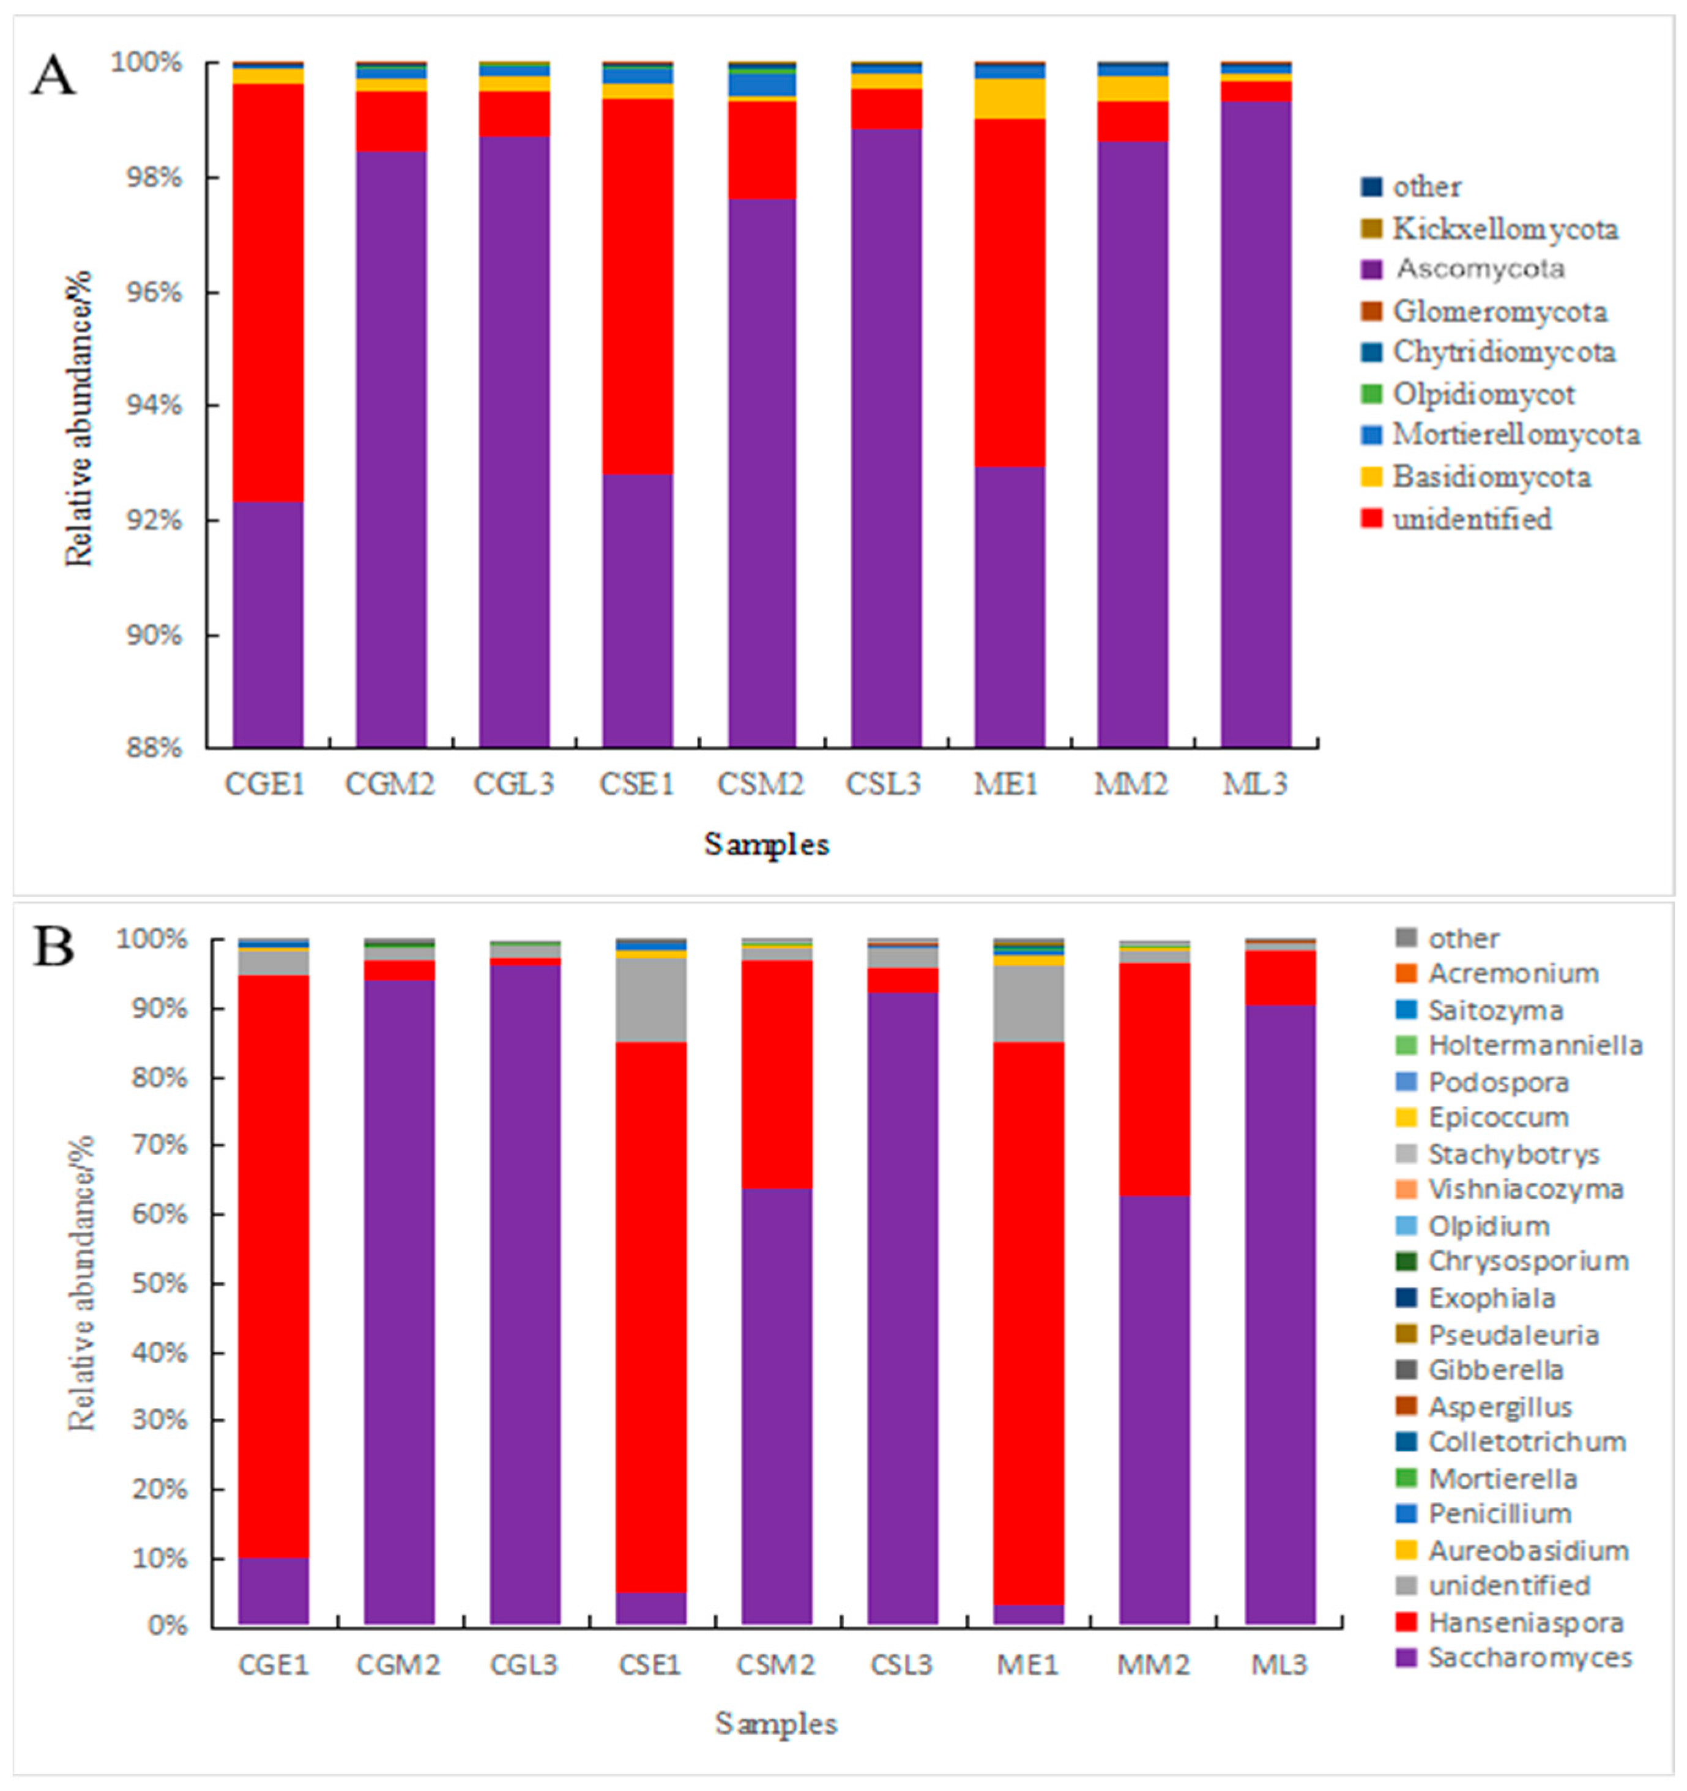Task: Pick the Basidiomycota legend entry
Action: click(1491, 476)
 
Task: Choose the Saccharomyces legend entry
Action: click(1529, 1657)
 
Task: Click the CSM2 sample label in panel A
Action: click(760, 784)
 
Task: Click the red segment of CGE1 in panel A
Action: click(267, 293)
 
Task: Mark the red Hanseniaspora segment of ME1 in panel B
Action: click(1028, 1324)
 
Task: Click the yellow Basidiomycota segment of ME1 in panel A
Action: click(1008, 98)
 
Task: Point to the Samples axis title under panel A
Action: click(766, 844)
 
